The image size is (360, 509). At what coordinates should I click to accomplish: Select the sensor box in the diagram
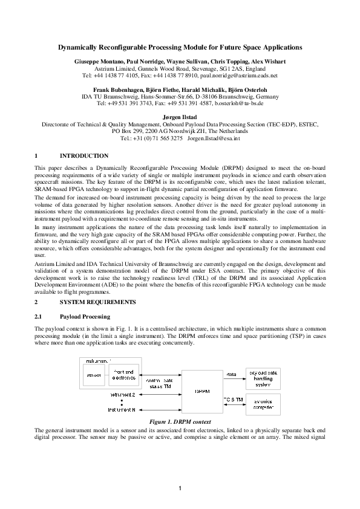pyautogui.click(x=93, y=375)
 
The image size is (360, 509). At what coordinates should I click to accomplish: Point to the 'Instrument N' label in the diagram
pyautogui.click(x=122, y=409)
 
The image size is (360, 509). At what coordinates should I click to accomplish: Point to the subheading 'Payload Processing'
pyautogui.click(x=85, y=317)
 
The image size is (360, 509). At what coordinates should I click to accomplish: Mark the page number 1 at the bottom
pyautogui.click(x=180, y=488)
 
